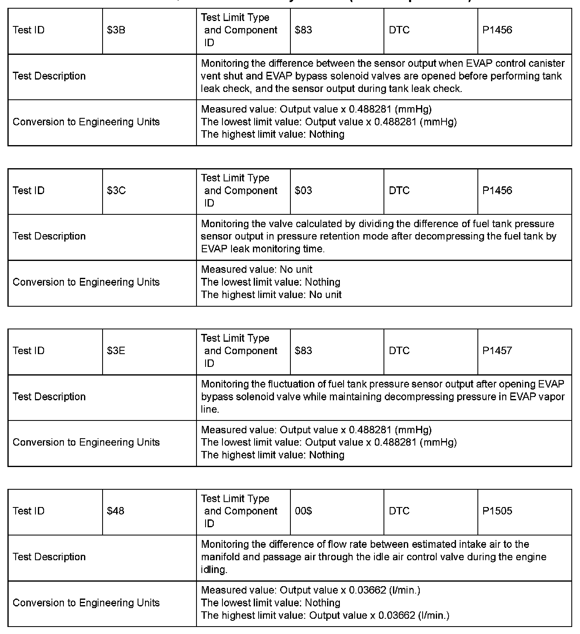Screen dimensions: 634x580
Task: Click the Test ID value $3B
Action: tap(116, 30)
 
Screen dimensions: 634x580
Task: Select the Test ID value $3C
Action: tap(116, 190)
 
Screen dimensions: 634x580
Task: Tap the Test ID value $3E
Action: tap(116, 351)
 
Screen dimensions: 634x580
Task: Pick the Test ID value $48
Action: tap(115, 511)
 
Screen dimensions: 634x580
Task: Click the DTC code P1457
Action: tap(497, 351)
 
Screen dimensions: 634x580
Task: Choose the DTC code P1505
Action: tap(497, 511)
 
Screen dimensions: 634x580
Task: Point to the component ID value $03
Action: tap(303, 190)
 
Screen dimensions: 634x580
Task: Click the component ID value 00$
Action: tap(303, 511)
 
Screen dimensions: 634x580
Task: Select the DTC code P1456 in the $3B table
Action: tap(497, 30)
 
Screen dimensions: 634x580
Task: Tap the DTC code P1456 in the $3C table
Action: tap(497, 190)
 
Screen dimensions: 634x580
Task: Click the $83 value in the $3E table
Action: tap(303, 351)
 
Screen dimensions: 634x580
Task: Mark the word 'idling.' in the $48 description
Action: tap(214, 570)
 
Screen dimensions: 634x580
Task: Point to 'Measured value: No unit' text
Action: tap(256, 270)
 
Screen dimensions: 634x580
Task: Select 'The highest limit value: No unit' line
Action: tap(271, 295)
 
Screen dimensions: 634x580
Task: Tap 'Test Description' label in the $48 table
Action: tap(49, 557)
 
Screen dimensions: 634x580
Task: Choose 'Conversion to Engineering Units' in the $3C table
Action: tap(86, 282)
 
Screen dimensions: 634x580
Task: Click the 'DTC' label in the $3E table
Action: tap(399, 351)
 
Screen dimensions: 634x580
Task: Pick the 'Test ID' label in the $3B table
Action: tap(28, 30)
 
